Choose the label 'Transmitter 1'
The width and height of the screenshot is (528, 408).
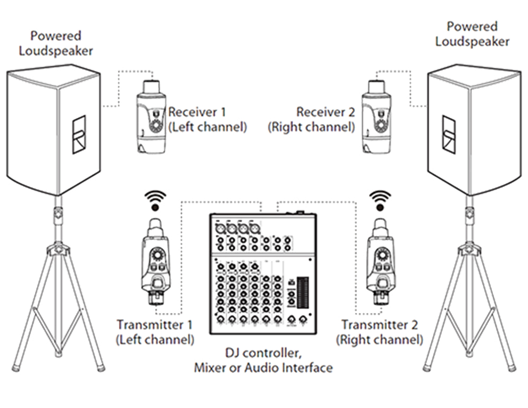pyautogui.click(x=154, y=325)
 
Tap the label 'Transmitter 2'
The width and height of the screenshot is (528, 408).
pyautogui.click(x=380, y=325)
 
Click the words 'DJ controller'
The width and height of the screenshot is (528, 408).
pyautogui.click(x=263, y=354)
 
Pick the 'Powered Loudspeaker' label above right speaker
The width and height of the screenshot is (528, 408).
pyautogui.click(x=472, y=34)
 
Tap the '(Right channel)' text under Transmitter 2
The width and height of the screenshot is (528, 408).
pyautogui.click(x=382, y=339)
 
